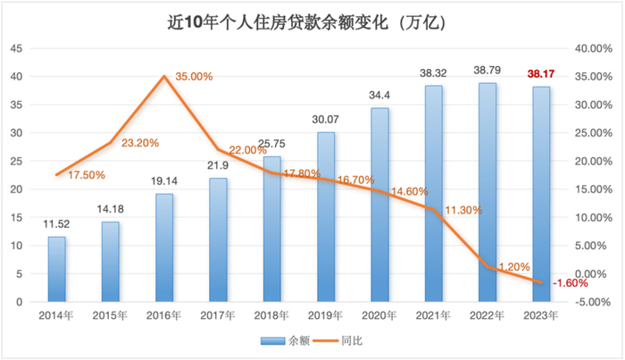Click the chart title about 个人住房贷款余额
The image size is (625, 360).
312,21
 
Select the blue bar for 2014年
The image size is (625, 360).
56,269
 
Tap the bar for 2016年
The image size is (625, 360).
164,247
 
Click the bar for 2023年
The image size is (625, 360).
541,194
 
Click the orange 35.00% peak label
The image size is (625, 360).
194,77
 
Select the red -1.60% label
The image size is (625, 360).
569,283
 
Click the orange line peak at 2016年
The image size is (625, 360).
164,76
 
